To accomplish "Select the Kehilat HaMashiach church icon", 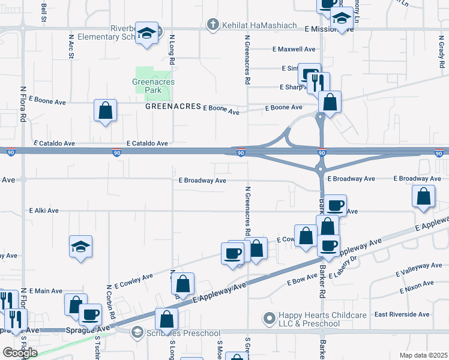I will pyautogui.click(x=211, y=25).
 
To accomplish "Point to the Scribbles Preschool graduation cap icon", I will pyautogui.click(x=137, y=332).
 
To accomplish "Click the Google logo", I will pyautogui.click(x=19, y=352).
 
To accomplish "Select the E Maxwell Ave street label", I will pyautogui.click(x=294, y=49).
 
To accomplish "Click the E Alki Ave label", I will pyautogui.click(x=44, y=211).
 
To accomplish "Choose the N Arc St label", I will pyautogui.click(x=71, y=49).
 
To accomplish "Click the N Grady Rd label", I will pyautogui.click(x=441, y=46).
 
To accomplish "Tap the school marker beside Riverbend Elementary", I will pyautogui.click(x=146, y=33).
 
